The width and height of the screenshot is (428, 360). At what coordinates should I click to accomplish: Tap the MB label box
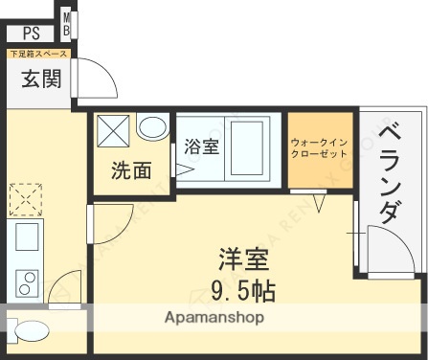(x=68, y=23)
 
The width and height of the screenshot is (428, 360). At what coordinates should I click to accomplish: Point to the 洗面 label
(x=130, y=171)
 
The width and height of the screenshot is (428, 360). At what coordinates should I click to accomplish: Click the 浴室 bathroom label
(x=200, y=146)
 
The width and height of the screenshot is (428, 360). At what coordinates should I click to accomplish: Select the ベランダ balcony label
(x=390, y=170)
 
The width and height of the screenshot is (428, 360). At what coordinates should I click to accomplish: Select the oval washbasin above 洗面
(x=150, y=128)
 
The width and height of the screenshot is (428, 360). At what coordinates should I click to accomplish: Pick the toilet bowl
(x=32, y=330)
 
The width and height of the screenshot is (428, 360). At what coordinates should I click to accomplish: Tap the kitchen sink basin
(x=26, y=232)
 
